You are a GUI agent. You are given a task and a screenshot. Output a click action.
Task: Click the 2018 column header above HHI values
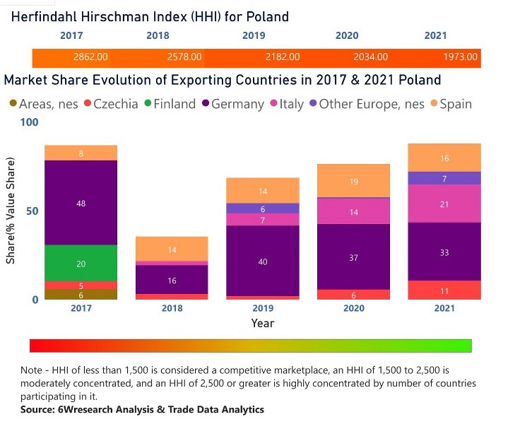pos(158,35)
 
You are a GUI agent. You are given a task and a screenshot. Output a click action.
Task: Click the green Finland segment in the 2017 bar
pos(81,263)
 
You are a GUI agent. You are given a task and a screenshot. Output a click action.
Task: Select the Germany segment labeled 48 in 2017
pos(81,203)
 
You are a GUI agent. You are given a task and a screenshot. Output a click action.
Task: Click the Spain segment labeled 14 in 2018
pos(172,249)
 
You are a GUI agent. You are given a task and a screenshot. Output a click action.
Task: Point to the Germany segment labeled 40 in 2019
pos(263,261)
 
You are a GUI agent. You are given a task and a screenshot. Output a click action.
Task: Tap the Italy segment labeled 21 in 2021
pos(444,204)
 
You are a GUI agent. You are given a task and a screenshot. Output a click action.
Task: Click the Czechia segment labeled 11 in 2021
pos(444,290)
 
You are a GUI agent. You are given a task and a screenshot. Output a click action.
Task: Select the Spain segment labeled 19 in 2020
pos(353,181)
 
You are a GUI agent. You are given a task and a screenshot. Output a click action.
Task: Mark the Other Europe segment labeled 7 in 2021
pos(444,178)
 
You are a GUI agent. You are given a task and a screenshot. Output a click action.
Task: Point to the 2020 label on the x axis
pos(353,309)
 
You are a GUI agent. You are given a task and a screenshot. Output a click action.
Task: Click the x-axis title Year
pos(262,323)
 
